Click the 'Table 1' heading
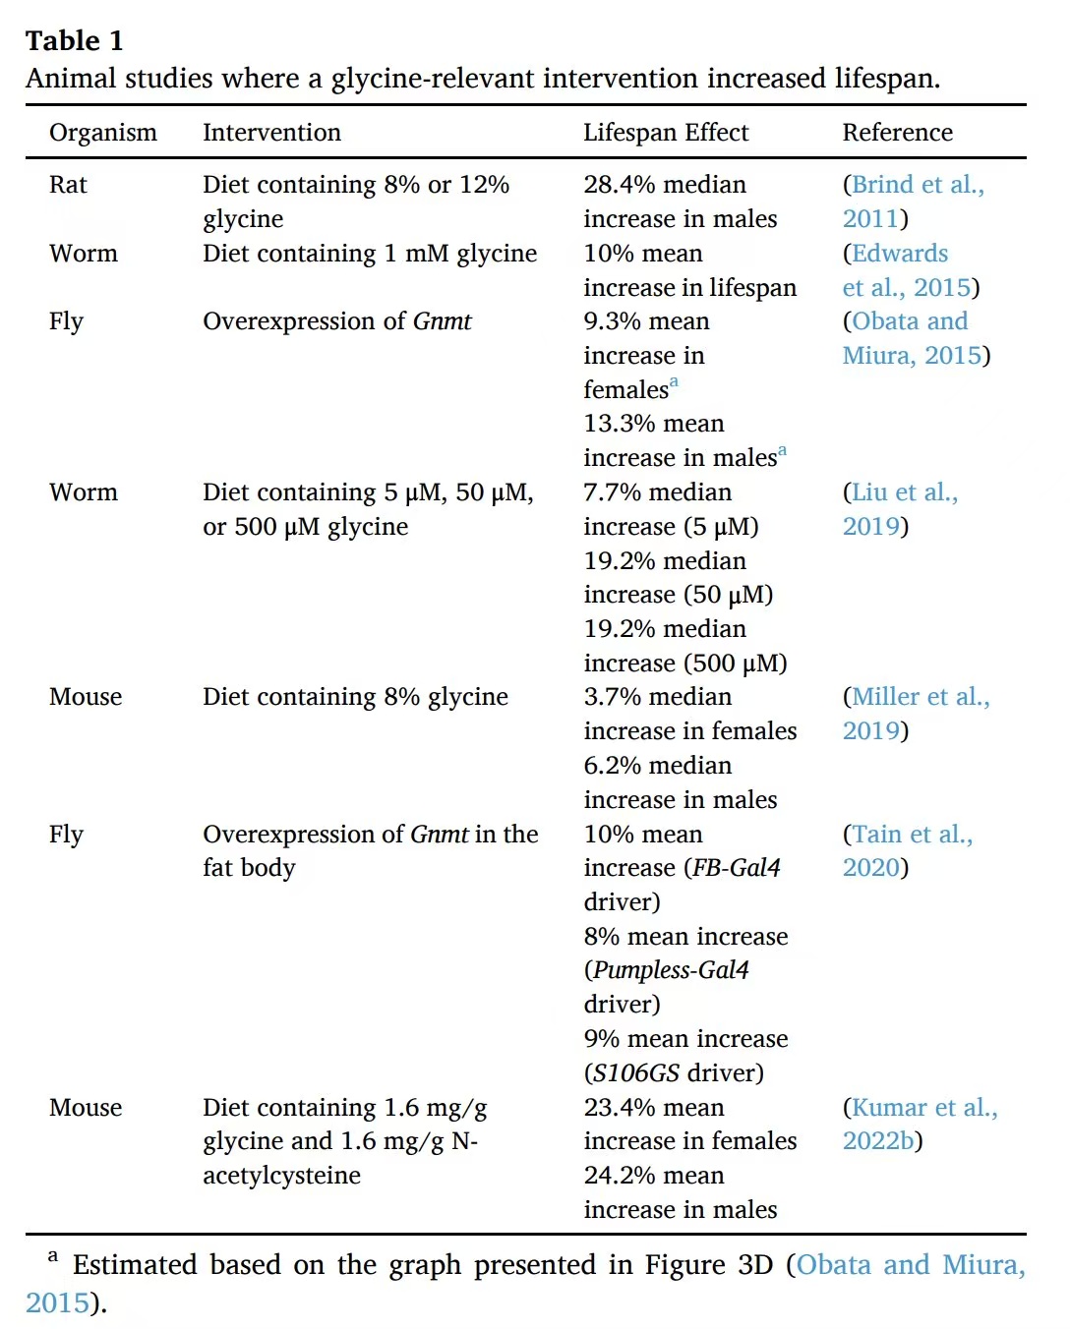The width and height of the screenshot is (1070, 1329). point(75,40)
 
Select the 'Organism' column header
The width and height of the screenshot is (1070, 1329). point(102,133)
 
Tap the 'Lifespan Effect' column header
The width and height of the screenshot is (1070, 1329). point(665,133)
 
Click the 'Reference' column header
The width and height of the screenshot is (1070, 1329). point(897,133)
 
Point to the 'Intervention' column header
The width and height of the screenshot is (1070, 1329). point(271,133)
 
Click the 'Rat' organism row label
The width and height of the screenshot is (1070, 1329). point(68,185)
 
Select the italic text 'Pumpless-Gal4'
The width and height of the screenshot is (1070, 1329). point(671,970)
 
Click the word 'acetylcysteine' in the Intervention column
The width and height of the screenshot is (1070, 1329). point(281,1176)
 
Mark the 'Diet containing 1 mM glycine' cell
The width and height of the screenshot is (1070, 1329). point(370,254)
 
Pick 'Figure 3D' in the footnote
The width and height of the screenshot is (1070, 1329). point(708,1265)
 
